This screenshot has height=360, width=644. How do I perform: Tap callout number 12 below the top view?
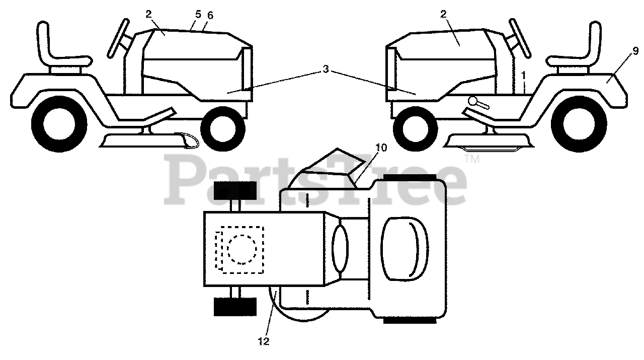pyautogui.click(x=264, y=341)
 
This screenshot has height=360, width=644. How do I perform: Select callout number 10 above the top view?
pyautogui.click(x=381, y=147)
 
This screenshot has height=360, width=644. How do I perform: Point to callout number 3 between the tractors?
pyautogui.click(x=326, y=69)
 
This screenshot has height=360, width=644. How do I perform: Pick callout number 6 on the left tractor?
pyautogui.click(x=209, y=15)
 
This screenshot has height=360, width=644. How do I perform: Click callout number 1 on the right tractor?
pyautogui.click(x=524, y=75)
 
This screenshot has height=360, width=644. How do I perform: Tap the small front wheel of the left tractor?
pyautogui.click(x=223, y=125)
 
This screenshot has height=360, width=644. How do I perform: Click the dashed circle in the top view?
pyautogui.click(x=242, y=249)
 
